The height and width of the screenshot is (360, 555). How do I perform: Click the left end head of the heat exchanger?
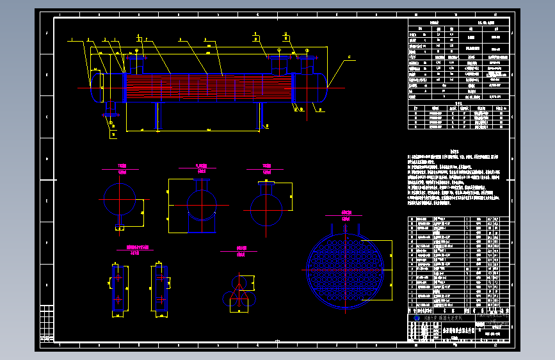[97, 86]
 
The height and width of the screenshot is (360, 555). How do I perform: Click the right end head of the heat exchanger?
[320, 86]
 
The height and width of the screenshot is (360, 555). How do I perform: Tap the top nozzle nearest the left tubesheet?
[135, 64]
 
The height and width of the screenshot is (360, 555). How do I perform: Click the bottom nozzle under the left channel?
[111, 108]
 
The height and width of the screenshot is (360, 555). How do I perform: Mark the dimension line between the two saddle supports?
[208, 131]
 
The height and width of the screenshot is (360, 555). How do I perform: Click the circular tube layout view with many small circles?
[345, 265]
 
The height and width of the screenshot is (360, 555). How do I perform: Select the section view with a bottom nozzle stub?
[120, 199]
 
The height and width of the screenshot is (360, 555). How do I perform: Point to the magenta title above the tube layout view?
[347, 212]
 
